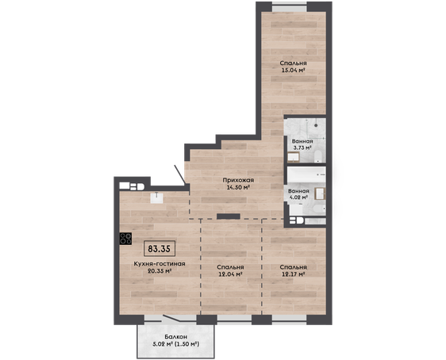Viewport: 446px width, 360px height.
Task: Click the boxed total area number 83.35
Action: (x=160, y=249)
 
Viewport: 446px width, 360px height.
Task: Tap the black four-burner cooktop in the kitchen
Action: (x=125, y=239)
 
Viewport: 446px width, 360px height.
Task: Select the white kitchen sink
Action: (x=156, y=197)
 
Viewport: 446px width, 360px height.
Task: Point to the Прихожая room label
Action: (x=238, y=180)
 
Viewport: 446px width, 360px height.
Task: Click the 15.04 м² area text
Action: (x=294, y=71)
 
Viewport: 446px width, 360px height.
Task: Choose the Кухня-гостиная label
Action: (x=160, y=264)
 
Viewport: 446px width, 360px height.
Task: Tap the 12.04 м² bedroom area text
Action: (x=230, y=274)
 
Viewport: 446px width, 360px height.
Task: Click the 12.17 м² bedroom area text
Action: (x=294, y=274)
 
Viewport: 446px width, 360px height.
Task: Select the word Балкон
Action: (x=176, y=337)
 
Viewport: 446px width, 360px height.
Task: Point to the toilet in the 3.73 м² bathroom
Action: (x=317, y=156)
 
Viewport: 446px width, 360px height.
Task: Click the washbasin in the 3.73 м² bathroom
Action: (x=294, y=157)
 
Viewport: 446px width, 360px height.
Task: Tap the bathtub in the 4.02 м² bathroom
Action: (x=306, y=174)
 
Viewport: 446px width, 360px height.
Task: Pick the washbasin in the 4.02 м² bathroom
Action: (x=320, y=193)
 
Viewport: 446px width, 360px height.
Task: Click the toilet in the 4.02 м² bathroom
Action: (x=318, y=209)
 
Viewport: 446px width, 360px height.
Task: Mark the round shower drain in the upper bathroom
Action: (x=316, y=125)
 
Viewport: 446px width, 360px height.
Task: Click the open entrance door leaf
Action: (x=180, y=174)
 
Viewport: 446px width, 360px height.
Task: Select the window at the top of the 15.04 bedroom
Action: (x=290, y=6)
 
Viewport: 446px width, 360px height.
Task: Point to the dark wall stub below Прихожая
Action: (x=229, y=216)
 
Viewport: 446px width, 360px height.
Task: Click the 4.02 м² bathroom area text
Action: (x=298, y=197)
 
